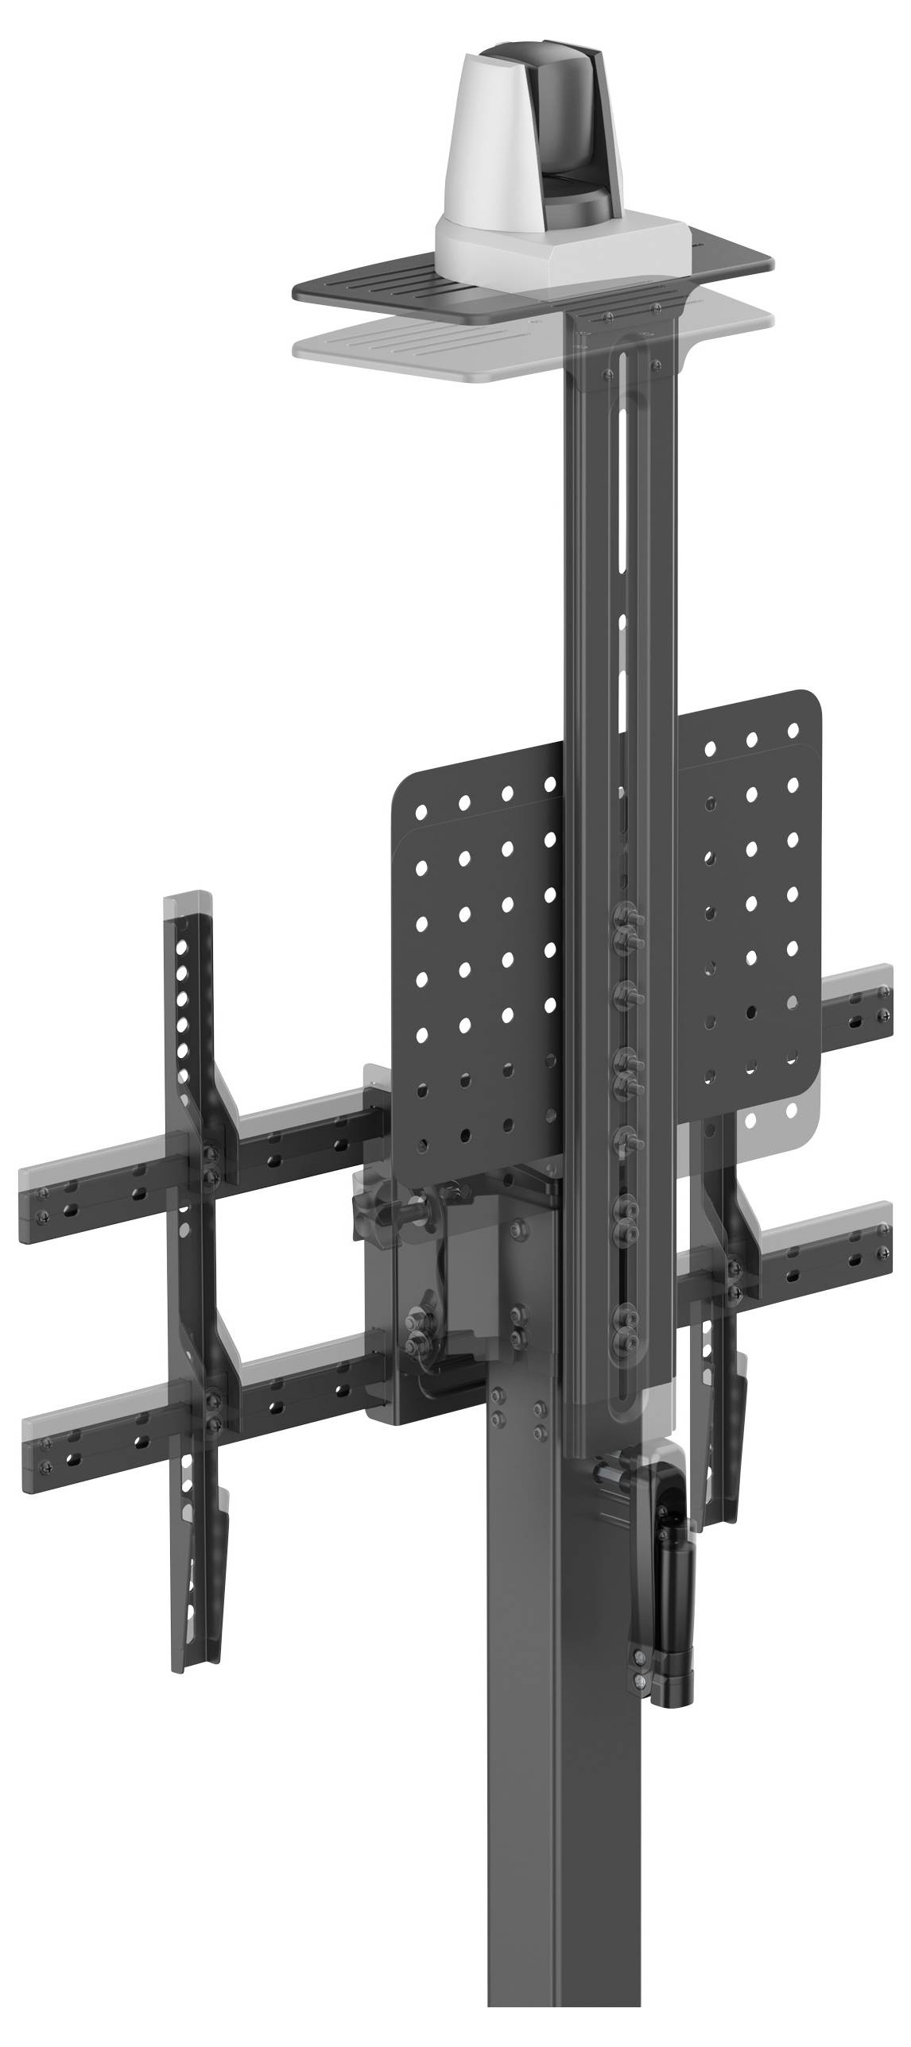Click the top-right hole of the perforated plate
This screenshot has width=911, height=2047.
793,728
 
